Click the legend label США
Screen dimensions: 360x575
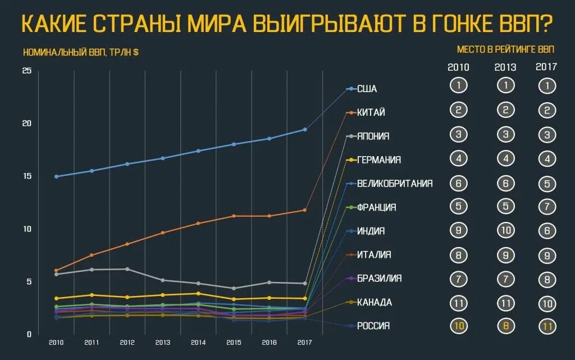coord(367,89)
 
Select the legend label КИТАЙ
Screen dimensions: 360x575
coord(371,112)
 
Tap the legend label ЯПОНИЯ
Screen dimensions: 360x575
coord(373,136)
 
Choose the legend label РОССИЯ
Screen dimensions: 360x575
coord(373,326)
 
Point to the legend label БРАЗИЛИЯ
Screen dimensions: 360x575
coord(379,279)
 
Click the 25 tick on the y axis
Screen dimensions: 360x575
coord(26,70)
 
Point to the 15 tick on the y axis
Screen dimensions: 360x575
coord(26,176)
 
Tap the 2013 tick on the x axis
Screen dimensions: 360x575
coord(162,342)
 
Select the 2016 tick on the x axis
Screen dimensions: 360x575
coord(269,342)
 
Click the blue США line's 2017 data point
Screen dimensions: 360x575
coord(305,130)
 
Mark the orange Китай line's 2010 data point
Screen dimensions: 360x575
coord(56,271)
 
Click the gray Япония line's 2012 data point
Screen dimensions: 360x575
coord(127,269)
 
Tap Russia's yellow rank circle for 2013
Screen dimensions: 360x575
coord(505,326)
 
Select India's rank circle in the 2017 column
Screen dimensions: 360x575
coord(546,231)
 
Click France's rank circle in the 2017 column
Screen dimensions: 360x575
coord(546,207)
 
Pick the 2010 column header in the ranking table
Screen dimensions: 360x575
coord(458,67)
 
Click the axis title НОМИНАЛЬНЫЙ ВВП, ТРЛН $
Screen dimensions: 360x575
coord(81,52)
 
